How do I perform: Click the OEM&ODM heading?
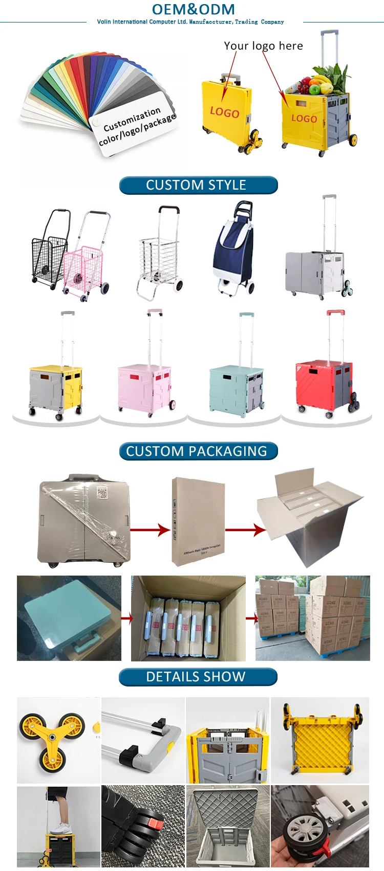pos(193,9)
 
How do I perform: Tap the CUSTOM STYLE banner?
pos(198,185)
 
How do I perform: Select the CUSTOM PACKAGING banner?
pos(198,451)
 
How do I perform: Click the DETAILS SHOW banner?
pos(198,677)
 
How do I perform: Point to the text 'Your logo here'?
pos(263,46)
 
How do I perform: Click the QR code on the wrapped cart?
pos(103,493)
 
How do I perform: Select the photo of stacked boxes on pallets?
pos(312,618)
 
